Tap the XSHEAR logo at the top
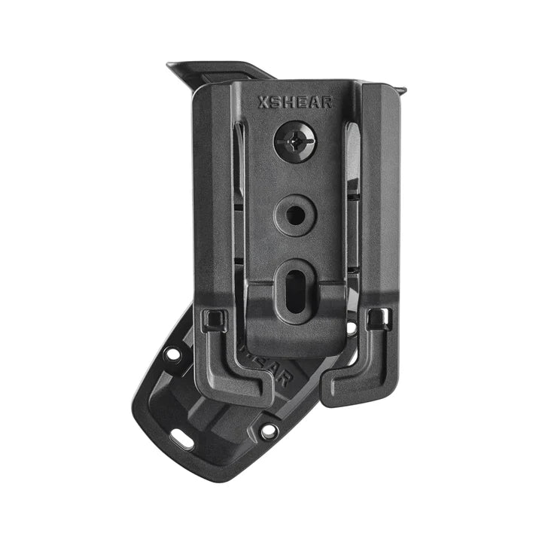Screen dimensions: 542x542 [295, 103]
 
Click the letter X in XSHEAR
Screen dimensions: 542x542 [263, 103]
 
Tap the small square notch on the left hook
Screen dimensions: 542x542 [214, 321]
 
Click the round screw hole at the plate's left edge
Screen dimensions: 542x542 [173, 353]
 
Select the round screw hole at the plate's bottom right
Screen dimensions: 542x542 [268, 432]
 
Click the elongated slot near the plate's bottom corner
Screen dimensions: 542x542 [181, 437]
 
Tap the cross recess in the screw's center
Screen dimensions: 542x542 [295, 141]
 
